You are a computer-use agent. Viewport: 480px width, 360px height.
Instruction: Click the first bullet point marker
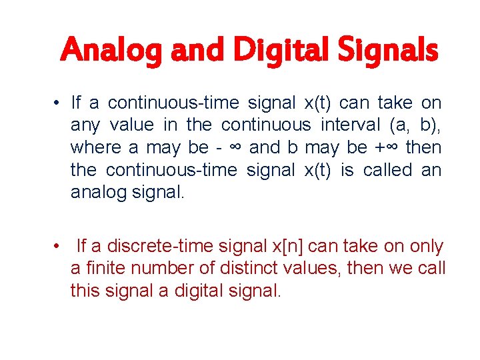[59, 103]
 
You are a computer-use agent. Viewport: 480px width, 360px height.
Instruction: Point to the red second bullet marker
[59, 247]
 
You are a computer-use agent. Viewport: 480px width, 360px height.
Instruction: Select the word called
[388, 170]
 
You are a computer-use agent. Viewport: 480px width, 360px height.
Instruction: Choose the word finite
[103, 269]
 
